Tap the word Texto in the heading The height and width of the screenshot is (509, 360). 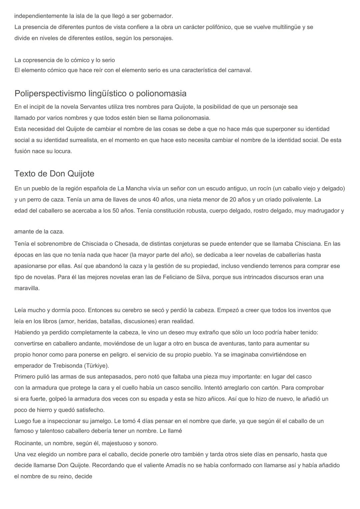click(24, 174)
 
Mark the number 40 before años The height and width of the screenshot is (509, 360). click(156, 199)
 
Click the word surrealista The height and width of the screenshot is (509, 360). click(81, 140)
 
